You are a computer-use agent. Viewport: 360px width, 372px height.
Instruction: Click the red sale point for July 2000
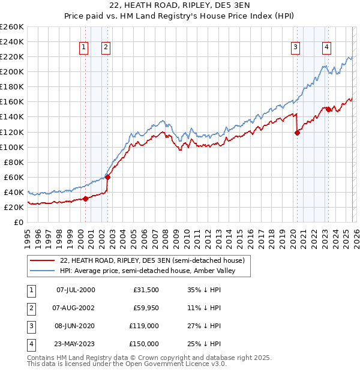pyautogui.click(x=85, y=199)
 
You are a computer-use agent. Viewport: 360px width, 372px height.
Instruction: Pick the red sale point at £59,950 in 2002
pyautogui.click(x=107, y=177)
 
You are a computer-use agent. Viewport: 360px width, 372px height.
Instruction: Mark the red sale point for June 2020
pyautogui.click(x=297, y=133)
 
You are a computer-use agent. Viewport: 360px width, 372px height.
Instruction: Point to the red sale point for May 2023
pyautogui.click(x=328, y=109)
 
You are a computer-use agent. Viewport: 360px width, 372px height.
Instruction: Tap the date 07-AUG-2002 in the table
pyautogui.click(x=76, y=308)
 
